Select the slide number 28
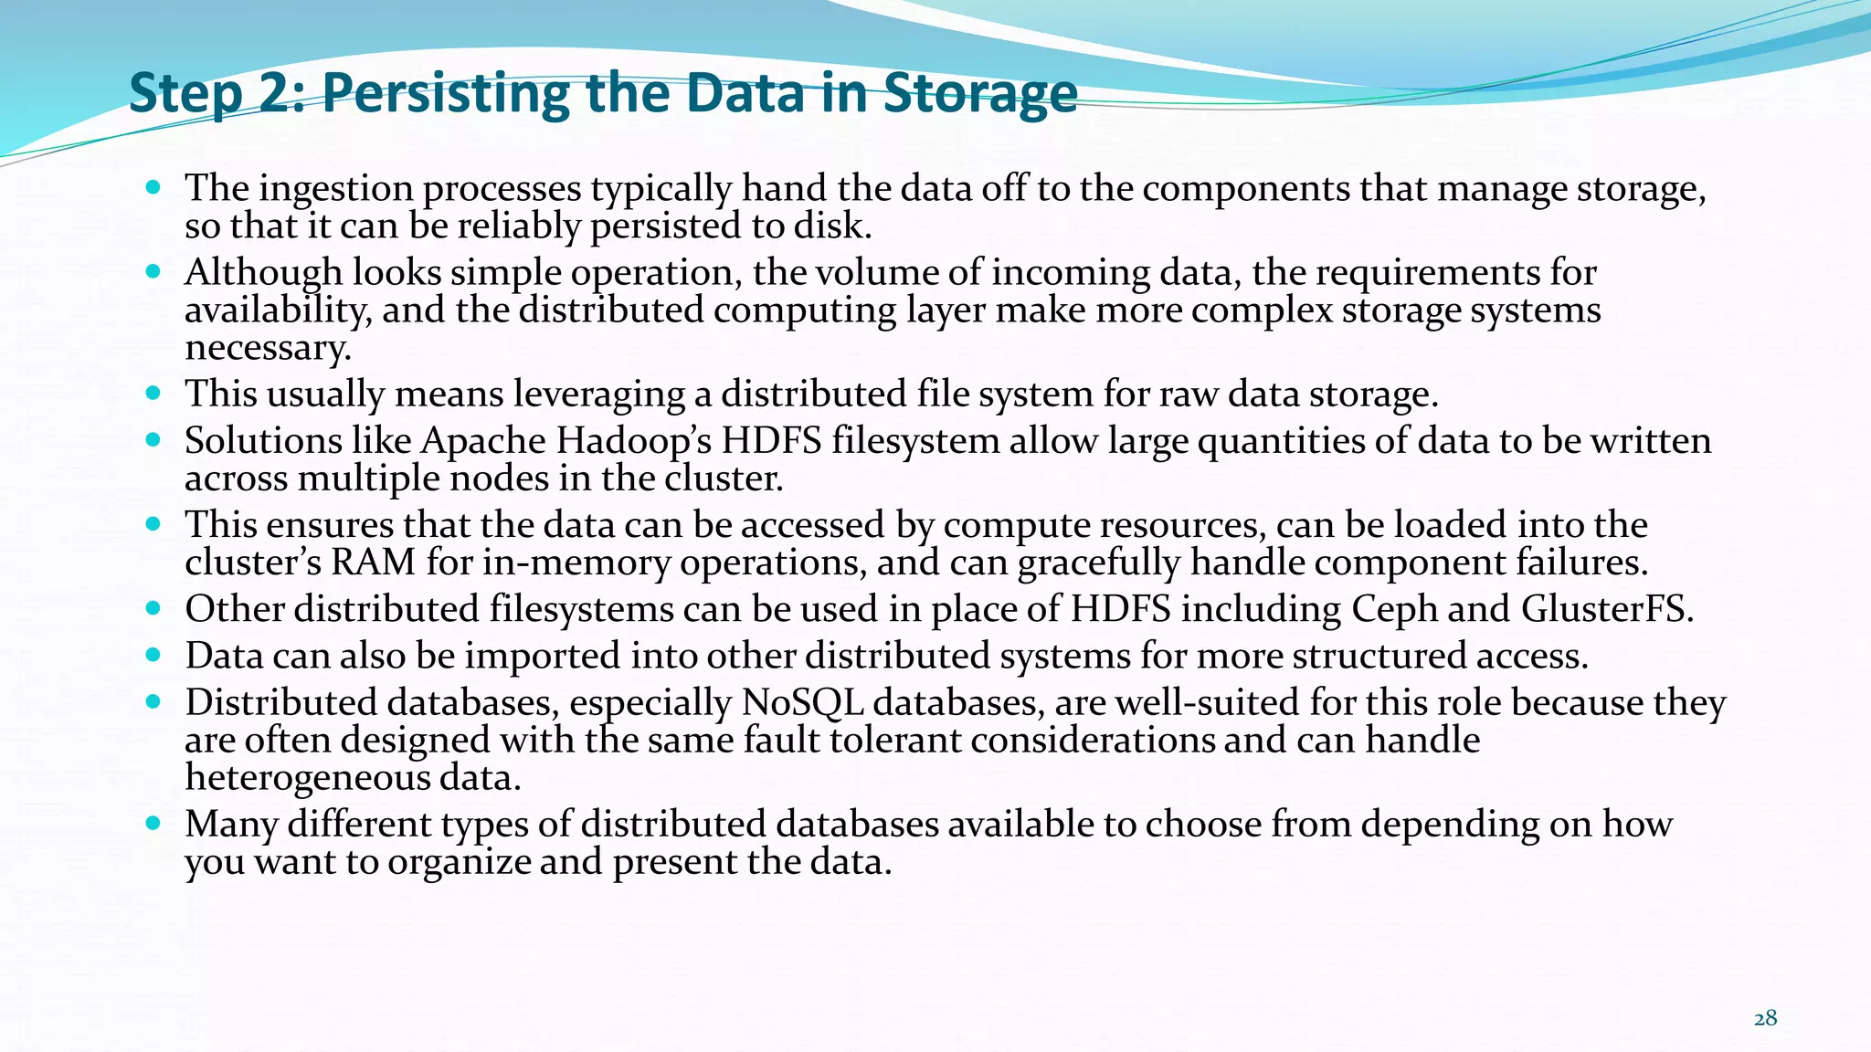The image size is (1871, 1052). (1765, 1019)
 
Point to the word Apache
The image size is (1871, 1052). (483, 441)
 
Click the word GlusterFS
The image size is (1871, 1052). (1607, 609)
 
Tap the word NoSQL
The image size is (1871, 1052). (802, 703)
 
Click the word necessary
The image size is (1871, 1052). (268, 348)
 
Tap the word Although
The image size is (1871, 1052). (263, 273)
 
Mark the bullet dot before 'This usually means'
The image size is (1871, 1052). (153, 394)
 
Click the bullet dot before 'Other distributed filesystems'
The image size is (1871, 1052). (153, 608)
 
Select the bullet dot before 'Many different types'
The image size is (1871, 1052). (153, 824)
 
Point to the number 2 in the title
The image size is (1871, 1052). (273, 93)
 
